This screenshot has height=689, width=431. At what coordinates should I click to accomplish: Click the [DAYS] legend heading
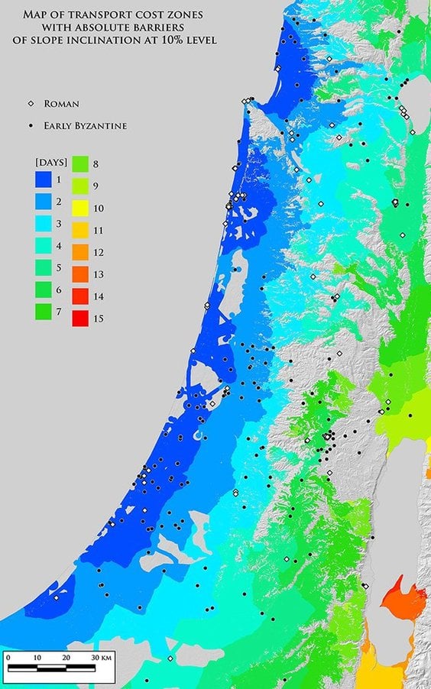point(51,163)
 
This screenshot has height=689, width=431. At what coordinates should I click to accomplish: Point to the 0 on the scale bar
point(7,657)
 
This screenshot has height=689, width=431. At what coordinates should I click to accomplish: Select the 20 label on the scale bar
point(66,657)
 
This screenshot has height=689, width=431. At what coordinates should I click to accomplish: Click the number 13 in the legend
point(98,274)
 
